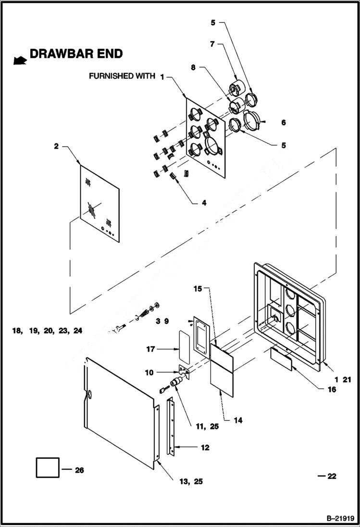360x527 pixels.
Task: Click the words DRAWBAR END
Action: click(x=76, y=54)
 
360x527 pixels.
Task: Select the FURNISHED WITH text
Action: click(x=122, y=76)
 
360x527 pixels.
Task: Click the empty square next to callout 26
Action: click(x=48, y=468)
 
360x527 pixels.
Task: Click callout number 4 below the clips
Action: click(x=204, y=203)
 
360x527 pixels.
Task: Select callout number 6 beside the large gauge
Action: click(x=284, y=123)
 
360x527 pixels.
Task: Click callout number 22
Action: click(x=332, y=477)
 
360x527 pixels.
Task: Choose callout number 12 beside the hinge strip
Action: click(x=205, y=448)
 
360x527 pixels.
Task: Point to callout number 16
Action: click(x=332, y=390)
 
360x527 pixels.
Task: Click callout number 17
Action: click(x=151, y=349)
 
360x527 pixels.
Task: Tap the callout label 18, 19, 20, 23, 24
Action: click(x=48, y=331)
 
